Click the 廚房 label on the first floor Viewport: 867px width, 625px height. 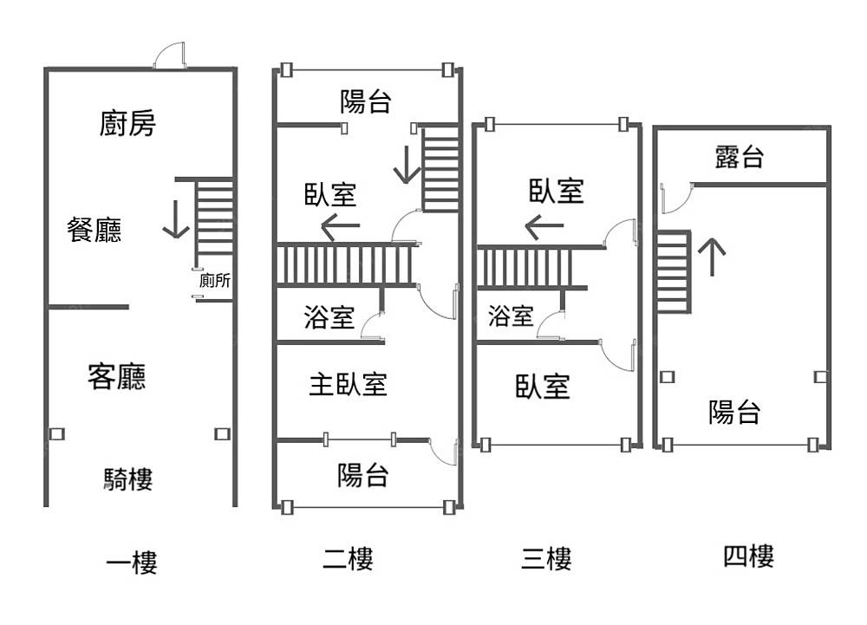127,124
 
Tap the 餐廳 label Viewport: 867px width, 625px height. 95,230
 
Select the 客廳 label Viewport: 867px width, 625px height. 117,376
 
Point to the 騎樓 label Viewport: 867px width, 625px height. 128,479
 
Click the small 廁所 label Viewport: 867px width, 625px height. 214,281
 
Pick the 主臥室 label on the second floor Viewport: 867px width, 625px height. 348,384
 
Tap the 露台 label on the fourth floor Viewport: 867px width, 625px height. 740,157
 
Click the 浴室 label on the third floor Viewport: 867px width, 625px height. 511,316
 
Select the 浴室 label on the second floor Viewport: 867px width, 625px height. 329,317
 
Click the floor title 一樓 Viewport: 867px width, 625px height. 131,563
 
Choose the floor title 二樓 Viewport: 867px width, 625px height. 348,559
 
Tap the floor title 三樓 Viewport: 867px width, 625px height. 546,559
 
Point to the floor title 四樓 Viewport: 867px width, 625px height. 748,556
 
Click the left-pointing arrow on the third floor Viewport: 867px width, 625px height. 544,229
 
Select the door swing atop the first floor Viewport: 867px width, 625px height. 169,56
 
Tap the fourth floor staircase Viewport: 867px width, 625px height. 673,271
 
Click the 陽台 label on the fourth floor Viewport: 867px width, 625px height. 735,413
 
